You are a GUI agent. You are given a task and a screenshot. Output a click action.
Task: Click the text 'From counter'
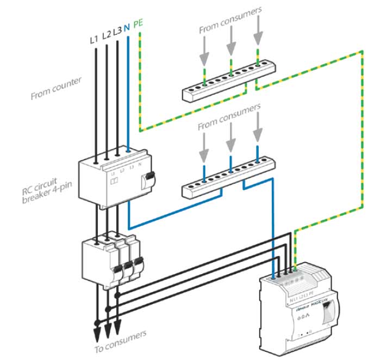point(56,88)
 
